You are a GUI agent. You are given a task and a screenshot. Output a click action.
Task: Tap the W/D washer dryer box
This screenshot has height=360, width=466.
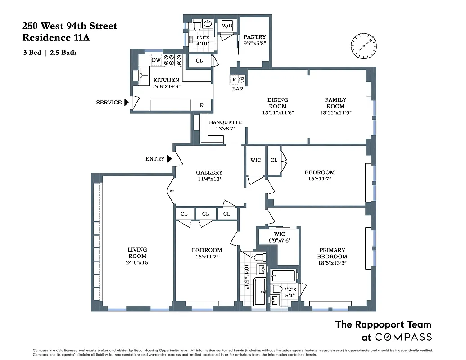coord(226,26)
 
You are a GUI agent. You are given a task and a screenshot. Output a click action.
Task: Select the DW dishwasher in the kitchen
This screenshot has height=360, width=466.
coord(156,60)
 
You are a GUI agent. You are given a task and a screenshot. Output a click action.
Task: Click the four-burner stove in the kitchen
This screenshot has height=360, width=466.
coord(172,60)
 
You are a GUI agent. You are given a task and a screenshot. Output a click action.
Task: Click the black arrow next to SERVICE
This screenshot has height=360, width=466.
coord(127,103)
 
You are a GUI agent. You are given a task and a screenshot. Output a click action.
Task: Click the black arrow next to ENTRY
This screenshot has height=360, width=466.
coord(169,159)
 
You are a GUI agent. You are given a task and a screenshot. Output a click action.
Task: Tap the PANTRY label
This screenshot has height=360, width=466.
coord(254,37)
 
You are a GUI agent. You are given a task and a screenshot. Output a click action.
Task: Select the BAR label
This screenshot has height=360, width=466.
coord(238,89)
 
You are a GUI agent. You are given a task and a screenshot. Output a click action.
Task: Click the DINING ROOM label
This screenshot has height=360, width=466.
coord(277,103)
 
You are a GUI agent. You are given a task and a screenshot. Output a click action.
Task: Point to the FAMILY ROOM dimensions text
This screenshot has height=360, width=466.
coord(335,112)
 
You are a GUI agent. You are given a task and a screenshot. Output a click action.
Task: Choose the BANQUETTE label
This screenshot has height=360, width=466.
coord(225,122)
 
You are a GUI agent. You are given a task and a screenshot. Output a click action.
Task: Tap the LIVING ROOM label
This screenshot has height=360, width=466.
coord(137,253)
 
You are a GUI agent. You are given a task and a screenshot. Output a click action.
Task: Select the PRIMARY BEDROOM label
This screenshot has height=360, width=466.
coord(332,253)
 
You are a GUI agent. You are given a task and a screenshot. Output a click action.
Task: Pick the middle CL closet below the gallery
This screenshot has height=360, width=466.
coord(205,214)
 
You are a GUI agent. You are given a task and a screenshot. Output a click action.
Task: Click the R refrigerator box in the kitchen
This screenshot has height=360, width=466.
coord(201,105)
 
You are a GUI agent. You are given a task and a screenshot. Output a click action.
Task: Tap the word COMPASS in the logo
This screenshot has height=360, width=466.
coord(403,337)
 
